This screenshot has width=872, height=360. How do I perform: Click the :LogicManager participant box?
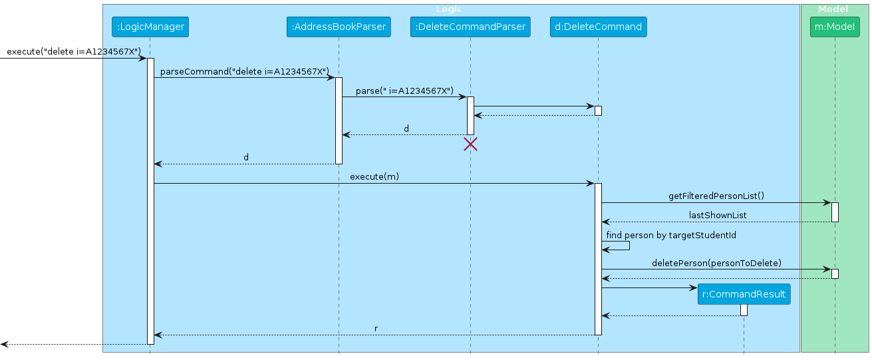150,27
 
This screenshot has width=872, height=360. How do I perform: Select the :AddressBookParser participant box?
339,27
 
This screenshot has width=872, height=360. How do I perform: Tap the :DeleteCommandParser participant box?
470,27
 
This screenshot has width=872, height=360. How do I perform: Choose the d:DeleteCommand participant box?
598,27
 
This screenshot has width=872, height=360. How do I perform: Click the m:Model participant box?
835,27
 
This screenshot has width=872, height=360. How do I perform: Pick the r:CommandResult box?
744,293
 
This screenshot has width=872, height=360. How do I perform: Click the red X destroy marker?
470,144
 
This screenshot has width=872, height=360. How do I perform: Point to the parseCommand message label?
245,71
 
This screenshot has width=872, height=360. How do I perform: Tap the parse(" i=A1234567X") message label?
404,90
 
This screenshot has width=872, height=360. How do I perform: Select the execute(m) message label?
374,176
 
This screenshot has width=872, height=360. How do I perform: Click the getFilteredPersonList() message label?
716,196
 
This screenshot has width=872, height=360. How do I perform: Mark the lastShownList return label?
717,215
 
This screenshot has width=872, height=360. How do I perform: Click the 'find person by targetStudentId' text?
671,235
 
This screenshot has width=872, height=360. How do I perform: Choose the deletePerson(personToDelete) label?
716,263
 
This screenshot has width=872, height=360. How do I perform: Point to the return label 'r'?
376,329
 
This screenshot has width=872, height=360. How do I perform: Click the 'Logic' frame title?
448,9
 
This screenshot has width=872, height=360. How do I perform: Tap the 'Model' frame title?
833,9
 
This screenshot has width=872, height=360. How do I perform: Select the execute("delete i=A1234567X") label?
73,51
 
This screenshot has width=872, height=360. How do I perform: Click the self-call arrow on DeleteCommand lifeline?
629,246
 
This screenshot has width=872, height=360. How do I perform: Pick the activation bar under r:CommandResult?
744,310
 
